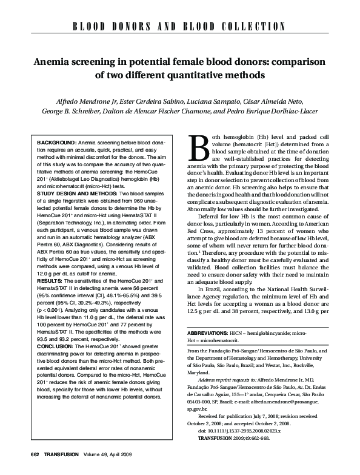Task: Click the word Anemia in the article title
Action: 53,62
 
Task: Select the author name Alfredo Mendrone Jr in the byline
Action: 84,101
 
